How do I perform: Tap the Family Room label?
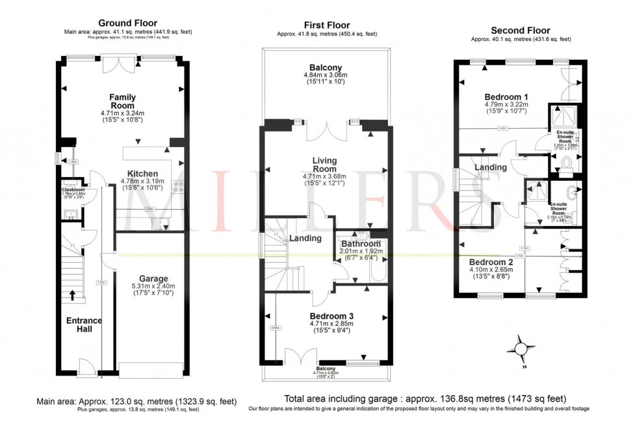(x=122, y=102)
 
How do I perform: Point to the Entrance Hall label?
(x=84, y=325)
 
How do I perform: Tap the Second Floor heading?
(x=520, y=31)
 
